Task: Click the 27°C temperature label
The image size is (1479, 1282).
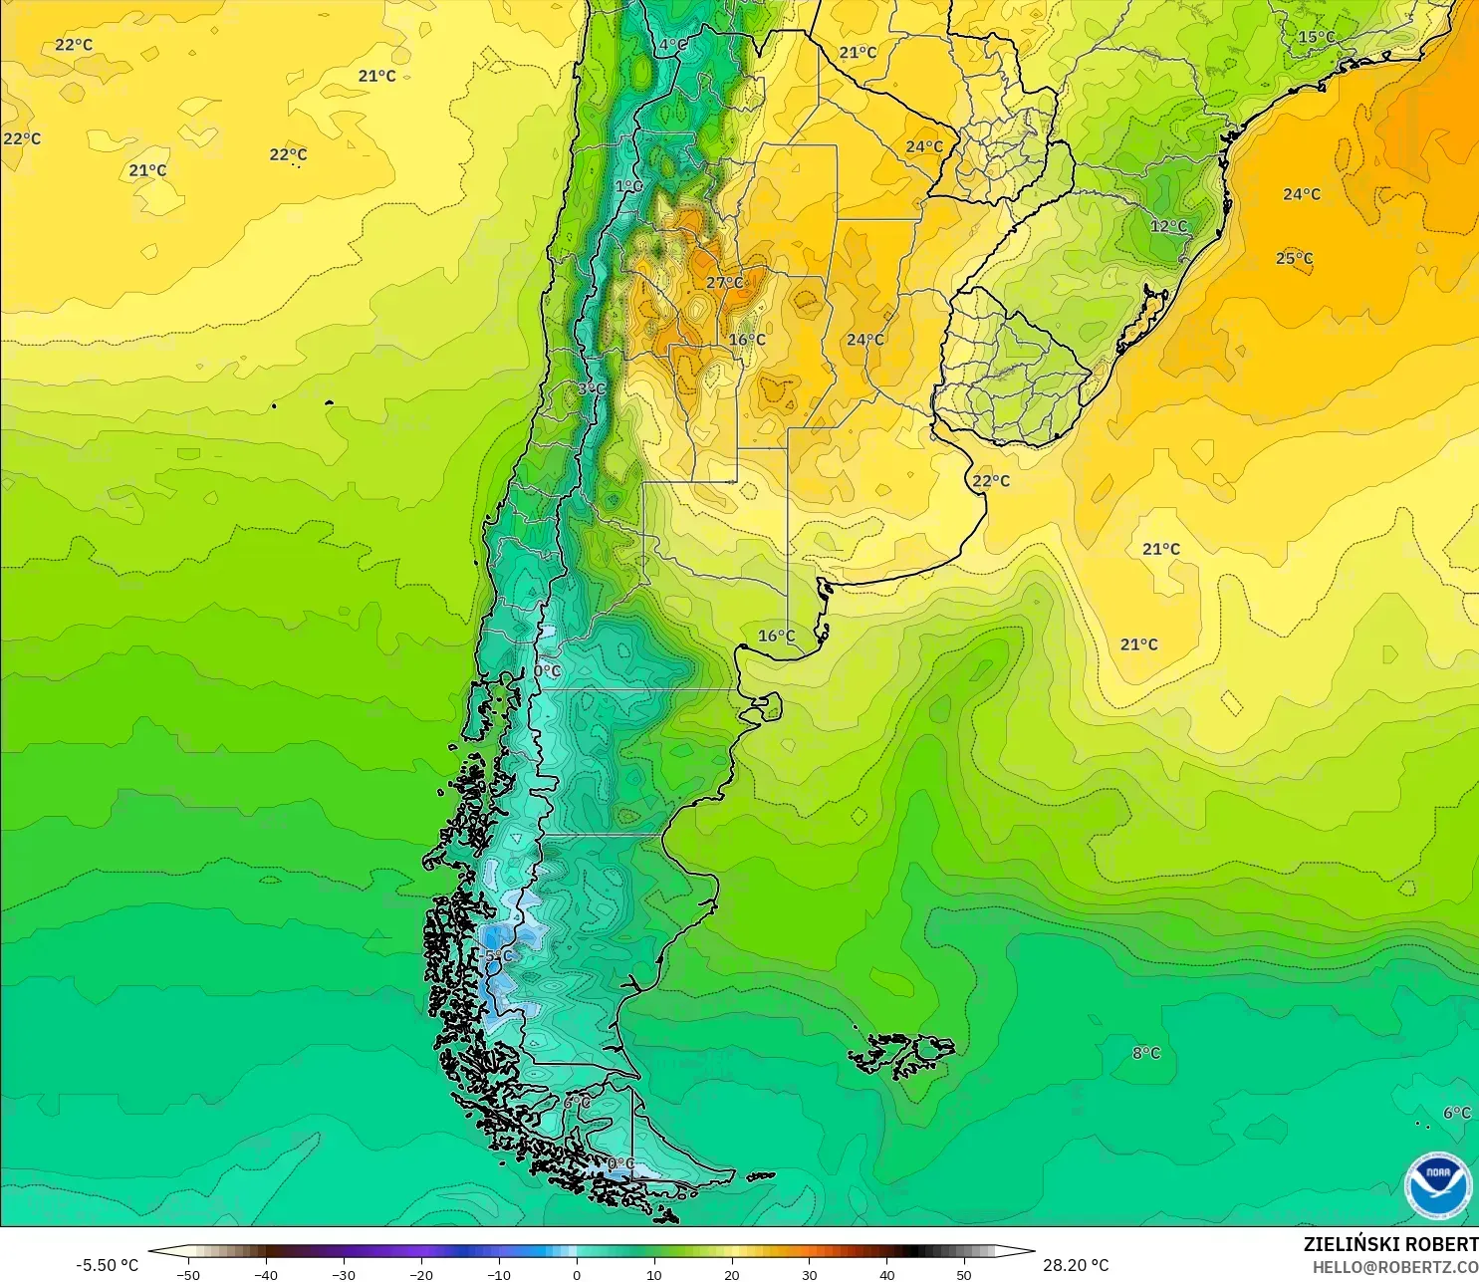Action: click(724, 283)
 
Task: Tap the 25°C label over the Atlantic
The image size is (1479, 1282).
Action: click(1294, 259)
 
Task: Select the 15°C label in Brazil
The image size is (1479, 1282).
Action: click(1316, 38)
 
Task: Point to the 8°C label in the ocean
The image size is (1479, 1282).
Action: click(1145, 1053)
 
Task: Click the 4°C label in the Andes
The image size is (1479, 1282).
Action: click(673, 45)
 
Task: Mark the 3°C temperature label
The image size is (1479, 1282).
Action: click(591, 388)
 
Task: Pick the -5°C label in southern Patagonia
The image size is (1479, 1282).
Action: click(497, 956)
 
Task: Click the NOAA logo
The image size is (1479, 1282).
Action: click(1437, 1185)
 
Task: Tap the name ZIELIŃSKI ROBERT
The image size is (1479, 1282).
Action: click(1390, 1244)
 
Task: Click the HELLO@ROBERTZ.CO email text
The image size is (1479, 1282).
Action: click(1394, 1267)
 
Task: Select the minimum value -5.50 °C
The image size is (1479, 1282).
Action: click(108, 1265)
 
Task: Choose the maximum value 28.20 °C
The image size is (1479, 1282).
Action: click(1076, 1265)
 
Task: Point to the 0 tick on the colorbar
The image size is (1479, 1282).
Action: click(576, 1274)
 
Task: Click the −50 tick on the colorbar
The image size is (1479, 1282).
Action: click(187, 1274)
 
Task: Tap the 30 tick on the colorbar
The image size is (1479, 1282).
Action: click(809, 1274)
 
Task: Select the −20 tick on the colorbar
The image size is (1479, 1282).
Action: click(420, 1274)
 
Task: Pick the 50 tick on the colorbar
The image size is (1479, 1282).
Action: click(964, 1274)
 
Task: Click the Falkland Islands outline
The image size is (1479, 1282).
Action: click(902, 1055)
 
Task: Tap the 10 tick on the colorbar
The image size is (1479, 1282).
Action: click(653, 1274)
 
